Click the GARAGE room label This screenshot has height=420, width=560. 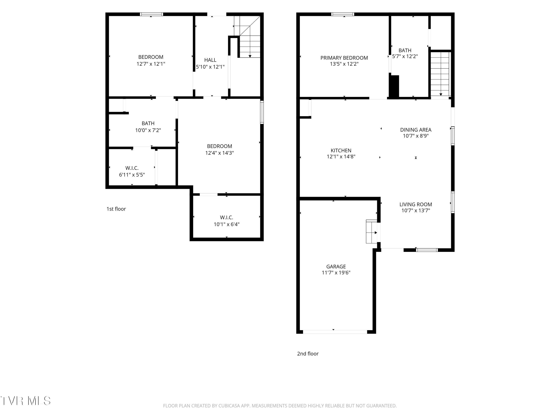pos(336,267)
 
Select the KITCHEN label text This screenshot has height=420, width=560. pos(341,151)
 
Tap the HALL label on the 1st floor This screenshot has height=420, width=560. pos(210,60)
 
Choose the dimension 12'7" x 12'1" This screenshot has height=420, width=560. pos(151,64)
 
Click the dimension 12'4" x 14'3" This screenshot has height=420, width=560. pos(220,153)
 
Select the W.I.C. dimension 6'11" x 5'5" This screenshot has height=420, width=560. pos(132,175)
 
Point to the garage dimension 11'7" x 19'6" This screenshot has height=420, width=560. pos(336,273)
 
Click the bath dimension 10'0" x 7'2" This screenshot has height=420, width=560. pos(148,130)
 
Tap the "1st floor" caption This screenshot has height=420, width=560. pos(116,209)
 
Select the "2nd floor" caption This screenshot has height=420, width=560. pos(308,354)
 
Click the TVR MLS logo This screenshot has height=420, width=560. pos(25,401)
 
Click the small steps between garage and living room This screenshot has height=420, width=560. pos(372,232)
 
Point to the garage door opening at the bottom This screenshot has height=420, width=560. pos(335,332)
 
